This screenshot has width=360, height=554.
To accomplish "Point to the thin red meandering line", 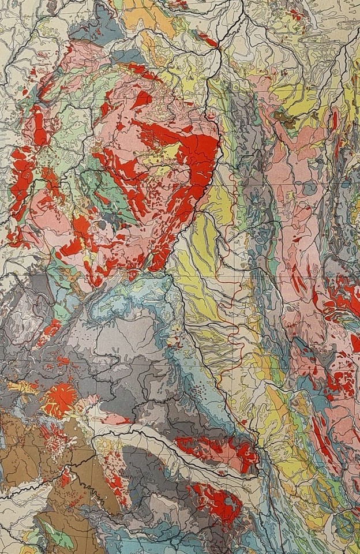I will coord(231,300).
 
